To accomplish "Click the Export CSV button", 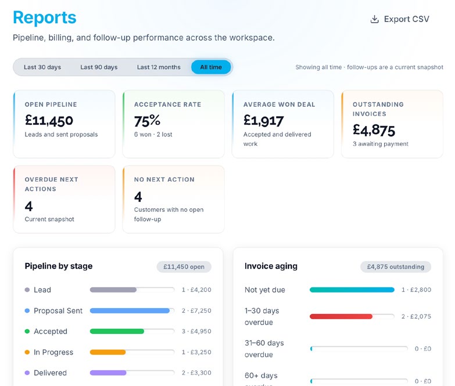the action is pyautogui.click(x=400, y=19).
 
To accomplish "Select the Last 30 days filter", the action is pyautogui.click(x=42, y=67).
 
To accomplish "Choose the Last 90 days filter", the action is pyautogui.click(x=99, y=67).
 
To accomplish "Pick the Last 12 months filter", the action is pyautogui.click(x=159, y=67).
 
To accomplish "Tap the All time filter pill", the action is pyautogui.click(x=211, y=67).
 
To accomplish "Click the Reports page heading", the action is pyautogui.click(x=45, y=17).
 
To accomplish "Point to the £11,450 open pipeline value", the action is pyautogui.click(x=49, y=121).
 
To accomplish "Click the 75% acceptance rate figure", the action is pyautogui.click(x=147, y=121).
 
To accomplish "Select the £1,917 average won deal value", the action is pyautogui.click(x=263, y=121).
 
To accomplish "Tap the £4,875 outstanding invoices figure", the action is pyautogui.click(x=374, y=130).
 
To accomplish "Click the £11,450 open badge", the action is pyautogui.click(x=184, y=266).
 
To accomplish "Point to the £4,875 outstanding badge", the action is pyautogui.click(x=396, y=266).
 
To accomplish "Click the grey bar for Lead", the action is pyautogui.click(x=113, y=290).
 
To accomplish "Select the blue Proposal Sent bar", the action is pyautogui.click(x=130, y=311).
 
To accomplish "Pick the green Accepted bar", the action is pyautogui.click(x=117, y=331).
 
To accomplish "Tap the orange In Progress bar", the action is pyautogui.click(x=108, y=352).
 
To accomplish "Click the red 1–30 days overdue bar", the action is pyautogui.click(x=341, y=316).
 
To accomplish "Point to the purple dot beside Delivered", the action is pyautogui.click(x=27, y=373).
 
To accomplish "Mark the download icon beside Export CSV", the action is pyautogui.click(x=375, y=19).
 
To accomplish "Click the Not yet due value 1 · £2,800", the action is pyautogui.click(x=416, y=290).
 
